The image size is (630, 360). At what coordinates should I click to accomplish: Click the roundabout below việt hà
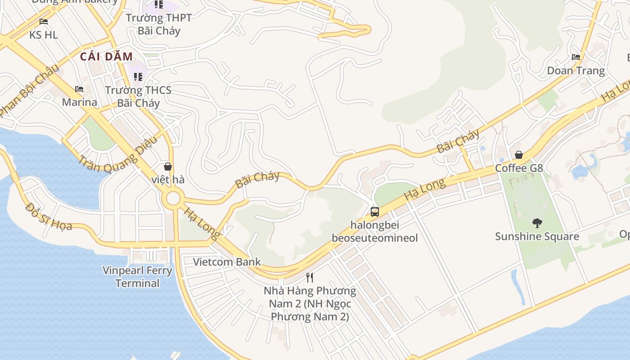[x=173, y=198]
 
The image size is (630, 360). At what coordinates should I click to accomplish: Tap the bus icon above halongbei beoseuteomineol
[x=375, y=211]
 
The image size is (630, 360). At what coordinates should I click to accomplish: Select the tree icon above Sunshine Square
[x=537, y=223]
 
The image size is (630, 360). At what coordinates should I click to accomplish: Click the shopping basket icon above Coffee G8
[x=519, y=155]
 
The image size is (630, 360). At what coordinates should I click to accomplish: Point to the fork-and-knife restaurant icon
[x=310, y=277]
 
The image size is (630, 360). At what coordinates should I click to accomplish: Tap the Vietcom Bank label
[x=227, y=262]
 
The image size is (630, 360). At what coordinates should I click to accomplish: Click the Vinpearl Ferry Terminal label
[x=137, y=277]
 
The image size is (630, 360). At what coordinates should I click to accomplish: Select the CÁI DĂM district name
[x=107, y=57]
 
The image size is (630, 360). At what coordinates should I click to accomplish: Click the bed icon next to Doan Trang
[x=576, y=57]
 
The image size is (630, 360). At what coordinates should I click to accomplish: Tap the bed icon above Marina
[x=79, y=89]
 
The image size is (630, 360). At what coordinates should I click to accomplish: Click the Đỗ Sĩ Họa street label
[x=49, y=216]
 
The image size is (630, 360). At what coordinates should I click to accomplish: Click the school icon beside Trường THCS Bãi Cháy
[x=138, y=77]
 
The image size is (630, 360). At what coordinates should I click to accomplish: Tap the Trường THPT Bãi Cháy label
[x=159, y=24]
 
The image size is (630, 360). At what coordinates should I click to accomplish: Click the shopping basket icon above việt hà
[x=168, y=166]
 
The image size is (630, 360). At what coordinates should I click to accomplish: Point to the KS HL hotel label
[x=44, y=35]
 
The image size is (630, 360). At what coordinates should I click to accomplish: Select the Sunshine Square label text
[x=537, y=236]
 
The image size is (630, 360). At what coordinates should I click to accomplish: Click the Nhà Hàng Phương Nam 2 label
[x=310, y=303]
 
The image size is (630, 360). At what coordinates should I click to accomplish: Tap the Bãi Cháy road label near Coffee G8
[x=458, y=141]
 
